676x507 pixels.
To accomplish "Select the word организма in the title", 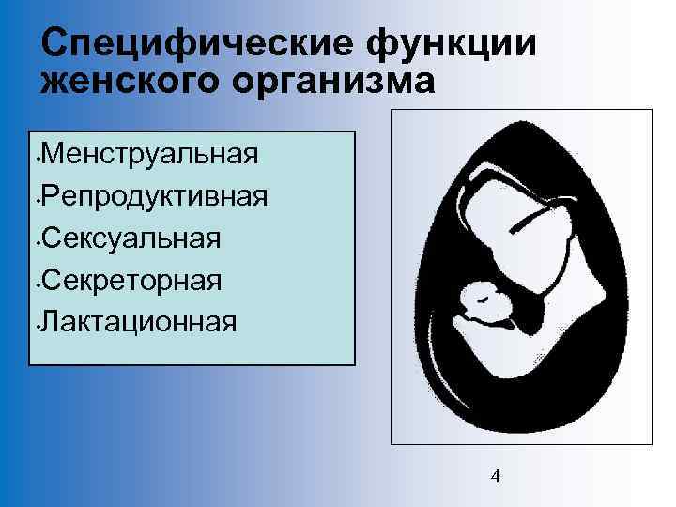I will (x=345, y=82).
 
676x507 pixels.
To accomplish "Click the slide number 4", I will (x=496, y=476).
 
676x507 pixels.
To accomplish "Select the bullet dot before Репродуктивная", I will (x=35, y=199).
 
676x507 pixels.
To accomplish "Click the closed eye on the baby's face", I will (x=481, y=297).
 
